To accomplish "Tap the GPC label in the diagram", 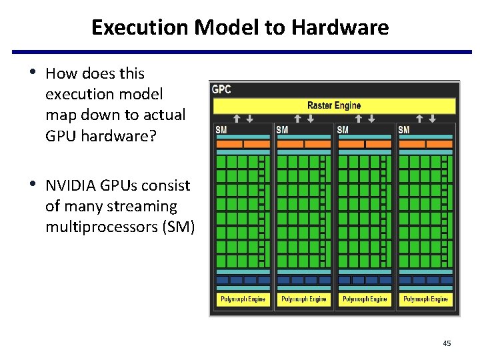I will tap(221, 89).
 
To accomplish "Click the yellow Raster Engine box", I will tap(333, 105).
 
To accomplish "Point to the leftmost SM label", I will tap(221, 129).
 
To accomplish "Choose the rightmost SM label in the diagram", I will tap(403, 129).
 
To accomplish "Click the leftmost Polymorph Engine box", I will tap(243, 299).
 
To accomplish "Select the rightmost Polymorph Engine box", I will tap(426, 299).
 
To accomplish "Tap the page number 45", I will tap(447, 343).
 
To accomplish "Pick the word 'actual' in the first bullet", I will tap(163, 115).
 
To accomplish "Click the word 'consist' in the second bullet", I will tap(167, 186).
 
